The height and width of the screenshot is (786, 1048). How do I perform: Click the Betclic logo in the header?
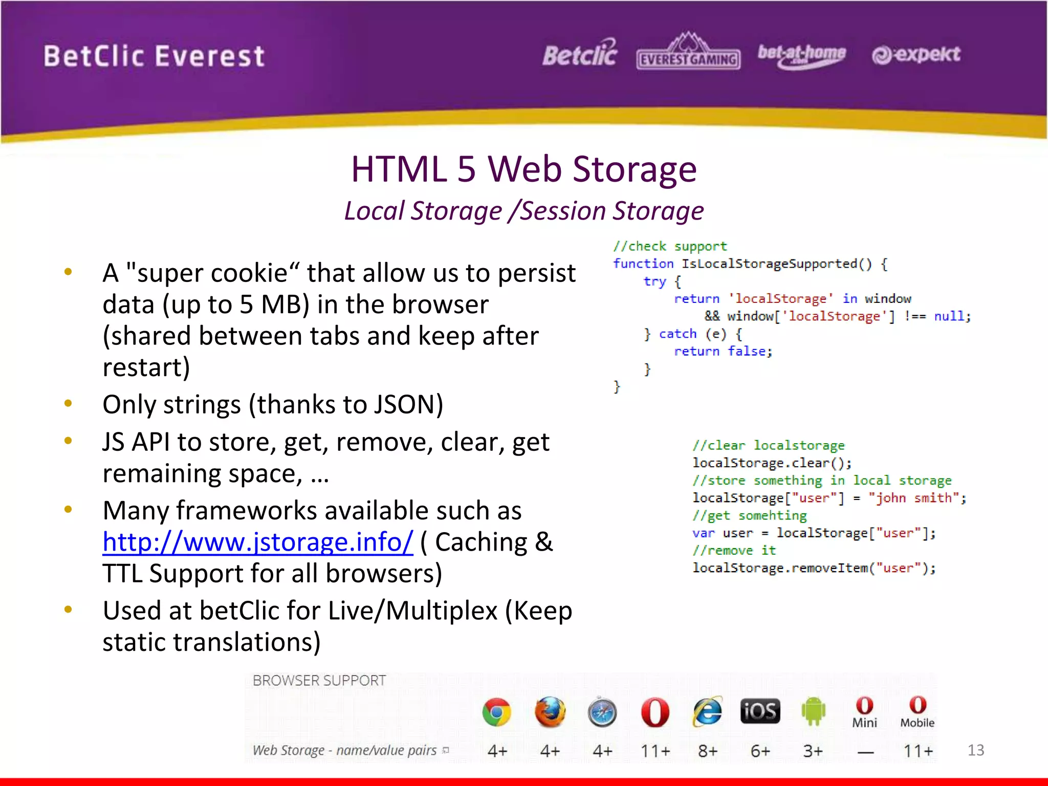tap(580, 54)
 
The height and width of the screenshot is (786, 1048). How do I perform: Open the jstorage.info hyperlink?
tap(257, 542)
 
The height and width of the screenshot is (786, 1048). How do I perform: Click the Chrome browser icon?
tap(496, 712)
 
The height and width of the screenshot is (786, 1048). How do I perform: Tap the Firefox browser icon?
tap(550, 712)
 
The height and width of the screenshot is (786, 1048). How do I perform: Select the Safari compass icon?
tap(602, 712)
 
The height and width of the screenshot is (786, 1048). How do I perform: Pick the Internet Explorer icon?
tap(707, 712)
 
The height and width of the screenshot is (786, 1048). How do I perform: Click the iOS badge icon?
tap(760, 711)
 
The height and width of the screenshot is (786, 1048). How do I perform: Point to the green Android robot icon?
tap(813, 711)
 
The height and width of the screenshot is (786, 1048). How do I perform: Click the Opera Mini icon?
tap(865, 712)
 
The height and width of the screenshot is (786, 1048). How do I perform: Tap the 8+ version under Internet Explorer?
tap(708, 751)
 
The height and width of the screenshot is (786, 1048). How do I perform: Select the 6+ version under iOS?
tap(760, 751)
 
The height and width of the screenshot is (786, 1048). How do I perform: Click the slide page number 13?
tap(975, 750)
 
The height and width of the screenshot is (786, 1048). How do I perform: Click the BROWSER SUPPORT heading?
tap(319, 681)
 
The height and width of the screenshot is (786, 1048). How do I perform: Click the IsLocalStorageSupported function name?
tap(769, 264)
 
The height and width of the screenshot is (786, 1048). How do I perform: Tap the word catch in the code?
tap(678, 334)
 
